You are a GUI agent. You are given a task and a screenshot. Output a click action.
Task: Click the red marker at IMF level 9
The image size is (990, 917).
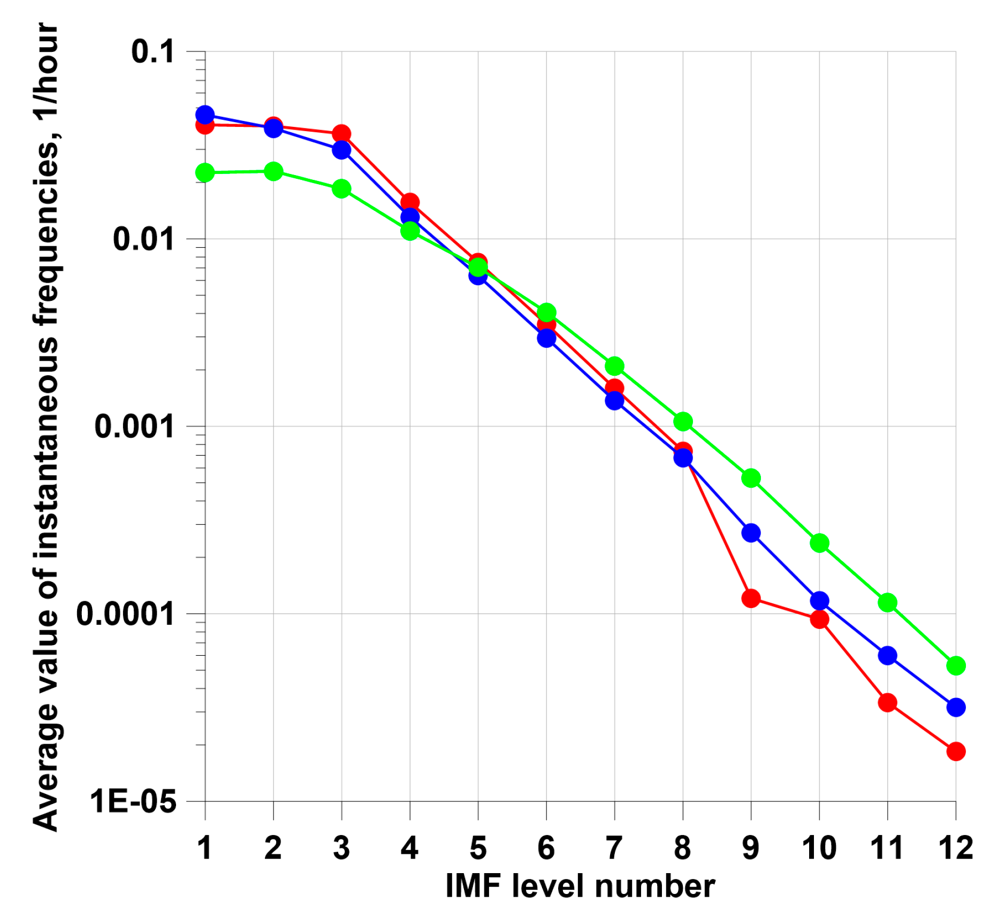(750, 598)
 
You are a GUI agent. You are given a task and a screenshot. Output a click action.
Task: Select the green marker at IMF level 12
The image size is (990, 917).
(955, 665)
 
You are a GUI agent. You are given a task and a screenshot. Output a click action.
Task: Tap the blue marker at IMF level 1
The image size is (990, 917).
(205, 115)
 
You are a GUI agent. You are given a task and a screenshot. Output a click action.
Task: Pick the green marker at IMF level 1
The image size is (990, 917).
(205, 172)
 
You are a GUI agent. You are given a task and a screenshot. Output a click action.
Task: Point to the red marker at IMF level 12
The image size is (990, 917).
(955, 751)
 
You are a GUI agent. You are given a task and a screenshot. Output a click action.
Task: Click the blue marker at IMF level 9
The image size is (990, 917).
(750, 533)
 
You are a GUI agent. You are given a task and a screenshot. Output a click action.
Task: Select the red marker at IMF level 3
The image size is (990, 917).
(341, 133)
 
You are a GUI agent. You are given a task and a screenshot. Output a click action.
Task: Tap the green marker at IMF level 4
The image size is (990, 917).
(409, 231)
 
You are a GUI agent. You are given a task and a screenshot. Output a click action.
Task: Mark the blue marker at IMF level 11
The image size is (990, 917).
(887, 655)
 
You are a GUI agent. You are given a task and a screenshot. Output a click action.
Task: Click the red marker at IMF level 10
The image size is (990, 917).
(819, 619)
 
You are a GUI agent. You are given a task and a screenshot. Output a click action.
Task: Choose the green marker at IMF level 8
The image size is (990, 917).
(682, 421)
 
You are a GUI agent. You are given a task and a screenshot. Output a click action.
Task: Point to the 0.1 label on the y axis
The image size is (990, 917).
(153, 52)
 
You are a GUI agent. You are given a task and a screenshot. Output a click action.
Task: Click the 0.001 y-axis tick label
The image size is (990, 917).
(134, 427)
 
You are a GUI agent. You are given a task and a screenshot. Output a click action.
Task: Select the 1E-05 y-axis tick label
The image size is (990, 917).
(133, 801)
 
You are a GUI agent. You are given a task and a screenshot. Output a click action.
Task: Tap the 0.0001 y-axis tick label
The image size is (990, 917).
(125, 614)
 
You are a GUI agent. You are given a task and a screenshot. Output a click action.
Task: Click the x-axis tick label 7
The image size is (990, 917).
(614, 847)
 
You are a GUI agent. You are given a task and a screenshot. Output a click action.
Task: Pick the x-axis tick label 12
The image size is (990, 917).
(955, 847)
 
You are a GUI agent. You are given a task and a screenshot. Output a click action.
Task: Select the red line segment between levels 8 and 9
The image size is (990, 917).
(717, 525)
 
